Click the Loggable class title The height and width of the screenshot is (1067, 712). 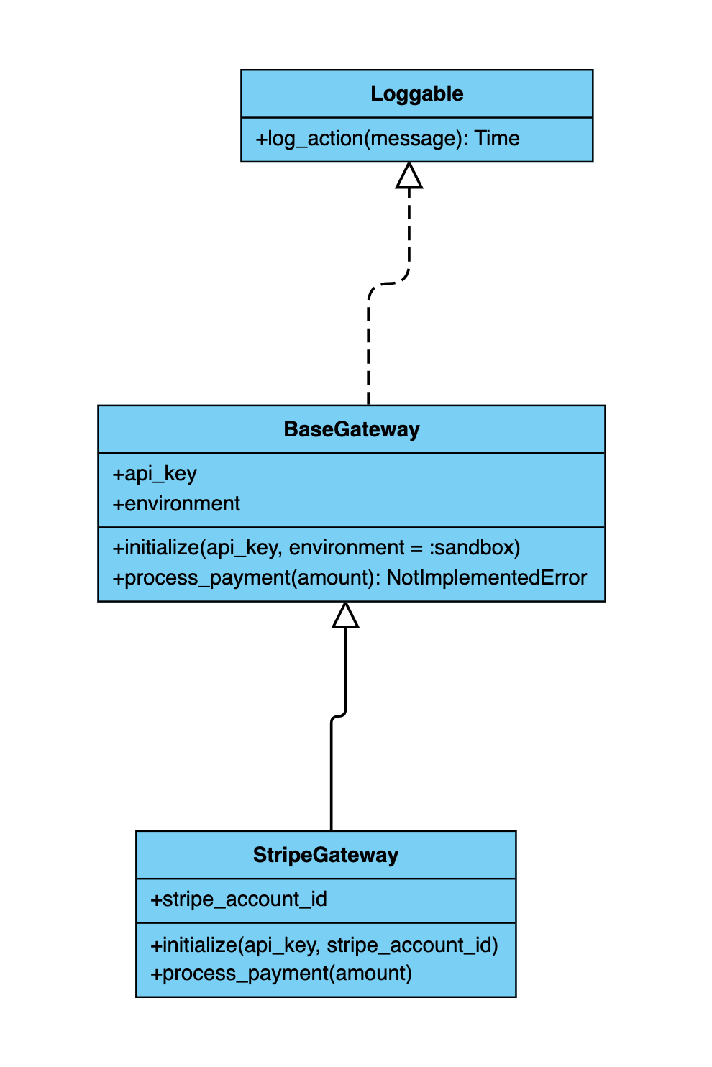pyautogui.click(x=416, y=94)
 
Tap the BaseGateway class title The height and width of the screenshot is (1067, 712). pyautogui.click(x=352, y=429)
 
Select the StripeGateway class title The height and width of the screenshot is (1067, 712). pyautogui.click(x=326, y=855)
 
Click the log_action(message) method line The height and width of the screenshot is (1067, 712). pyautogui.click(x=388, y=139)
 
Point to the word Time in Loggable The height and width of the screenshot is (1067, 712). pyautogui.click(x=496, y=138)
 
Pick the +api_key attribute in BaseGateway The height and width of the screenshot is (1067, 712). pyautogui.click(x=155, y=474)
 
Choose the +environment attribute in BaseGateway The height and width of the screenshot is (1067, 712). pyautogui.click(x=176, y=503)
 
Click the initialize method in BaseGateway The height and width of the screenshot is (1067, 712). pyautogui.click(x=316, y=548)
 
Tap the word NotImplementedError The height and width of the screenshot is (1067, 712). pyautogui.click(x=487, y=578)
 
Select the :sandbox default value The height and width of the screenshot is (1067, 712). pyautogui.click(x=475, y=548)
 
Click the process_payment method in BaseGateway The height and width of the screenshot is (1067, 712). pyautogui.click(x=350, y=578)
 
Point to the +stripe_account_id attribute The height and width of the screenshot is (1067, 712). pyautogui.click(x=239, y=899)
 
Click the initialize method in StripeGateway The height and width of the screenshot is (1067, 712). pyautogui.click(x=324, y=945)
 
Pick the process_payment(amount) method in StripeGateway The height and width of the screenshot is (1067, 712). pyautogui.click(x=281, y=973)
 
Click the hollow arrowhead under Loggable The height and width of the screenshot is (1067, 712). pyautogui.click(x=409, y=175)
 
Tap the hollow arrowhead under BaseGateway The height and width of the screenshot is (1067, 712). pyautogui.click(x=345, y=615)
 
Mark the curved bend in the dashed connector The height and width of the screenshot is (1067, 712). pyautogui.click(x=388, y=284)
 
